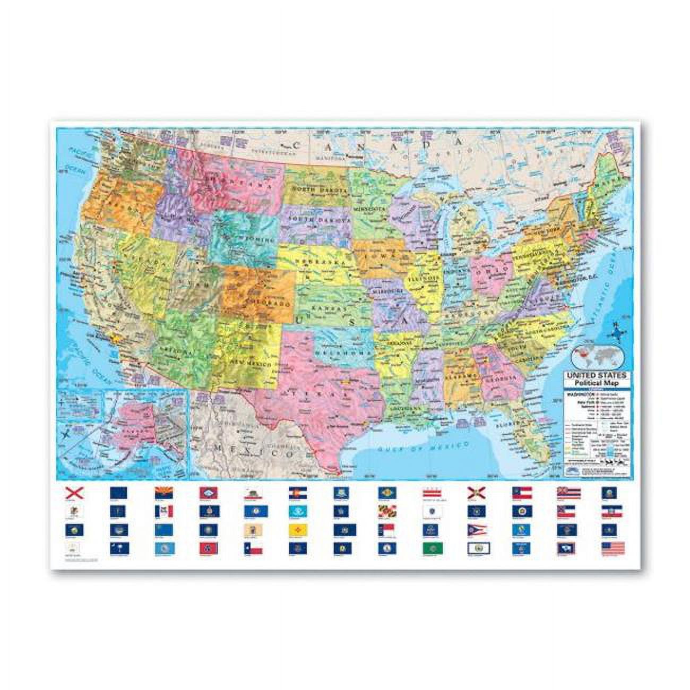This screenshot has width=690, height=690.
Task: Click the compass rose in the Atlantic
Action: pos(616,333)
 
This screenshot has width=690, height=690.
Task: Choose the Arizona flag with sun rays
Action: pos(161,494)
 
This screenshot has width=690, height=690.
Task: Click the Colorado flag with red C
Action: pos(296,494)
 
